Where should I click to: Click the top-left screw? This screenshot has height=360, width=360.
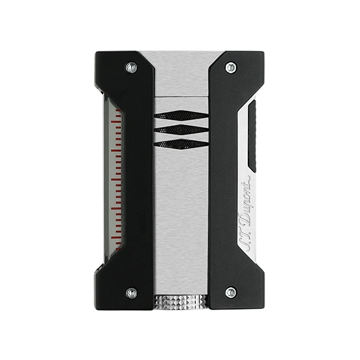(131, 67)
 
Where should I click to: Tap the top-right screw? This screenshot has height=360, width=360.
(231, 67)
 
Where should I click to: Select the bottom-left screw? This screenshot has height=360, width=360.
(132, 293)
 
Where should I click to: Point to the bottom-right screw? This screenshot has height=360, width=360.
(231, 293)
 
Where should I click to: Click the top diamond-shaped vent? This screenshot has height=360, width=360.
(181, 115)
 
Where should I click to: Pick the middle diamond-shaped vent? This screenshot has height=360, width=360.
(181, 130)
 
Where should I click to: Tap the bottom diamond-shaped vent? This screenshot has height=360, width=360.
(181, 144)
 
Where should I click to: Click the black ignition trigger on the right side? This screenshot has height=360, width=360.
(252, 136)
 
